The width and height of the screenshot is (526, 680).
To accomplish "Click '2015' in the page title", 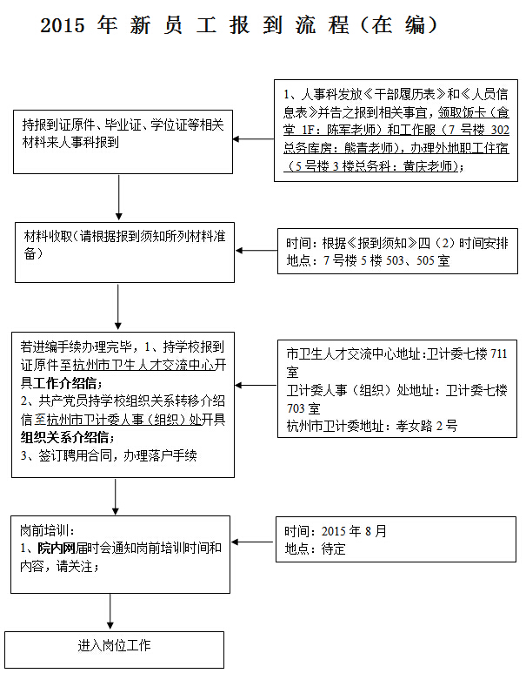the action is (x=63, y=25).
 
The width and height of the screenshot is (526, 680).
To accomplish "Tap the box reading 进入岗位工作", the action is (x=114, y=650).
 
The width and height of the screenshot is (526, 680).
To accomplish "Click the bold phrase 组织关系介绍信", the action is (x=65, y=438).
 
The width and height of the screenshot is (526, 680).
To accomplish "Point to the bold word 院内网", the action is (x=57, y=549).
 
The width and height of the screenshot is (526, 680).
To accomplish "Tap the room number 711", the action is (x=498, y=353).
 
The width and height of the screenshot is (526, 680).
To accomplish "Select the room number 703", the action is (x=296, y=408).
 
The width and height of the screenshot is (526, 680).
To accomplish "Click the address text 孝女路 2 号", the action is (x=426, y=427).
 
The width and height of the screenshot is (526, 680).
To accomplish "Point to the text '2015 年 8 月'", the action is (x=354, y=531).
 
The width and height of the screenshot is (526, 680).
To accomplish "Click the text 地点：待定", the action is (x=315, y=549).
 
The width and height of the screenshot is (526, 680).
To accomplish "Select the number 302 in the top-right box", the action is (x=500, y=130).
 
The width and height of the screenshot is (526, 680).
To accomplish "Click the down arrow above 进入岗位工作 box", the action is (x=110, y=611).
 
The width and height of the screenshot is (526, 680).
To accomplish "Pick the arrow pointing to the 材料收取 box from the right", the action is (x=256, y=251).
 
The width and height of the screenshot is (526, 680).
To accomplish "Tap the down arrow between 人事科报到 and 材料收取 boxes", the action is (x=118, y=198).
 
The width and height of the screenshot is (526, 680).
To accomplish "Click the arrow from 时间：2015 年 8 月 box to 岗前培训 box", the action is (x=253, y=542).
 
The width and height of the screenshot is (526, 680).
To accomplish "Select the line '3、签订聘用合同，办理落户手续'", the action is (x=109, y=455).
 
